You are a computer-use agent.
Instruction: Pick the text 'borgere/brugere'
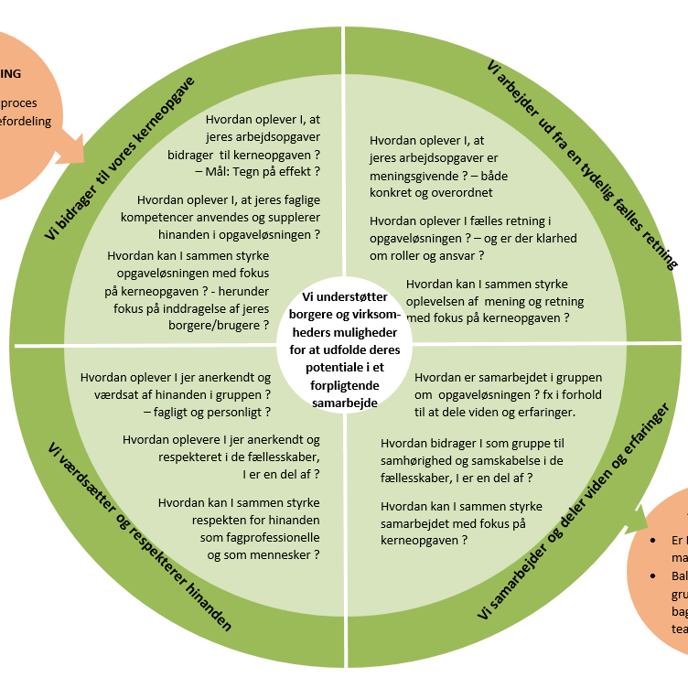click(x=221, y=324)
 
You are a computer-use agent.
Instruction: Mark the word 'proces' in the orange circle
click(x=19, y=103)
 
